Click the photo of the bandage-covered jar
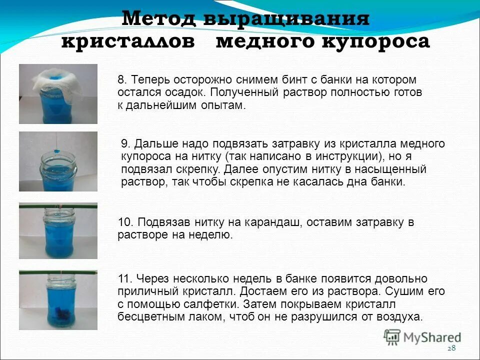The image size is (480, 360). tap(58, 94)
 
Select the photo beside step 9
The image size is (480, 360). tap(58, 161)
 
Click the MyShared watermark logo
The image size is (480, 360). tap(423, 337)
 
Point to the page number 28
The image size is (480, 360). tap(451, 348)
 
